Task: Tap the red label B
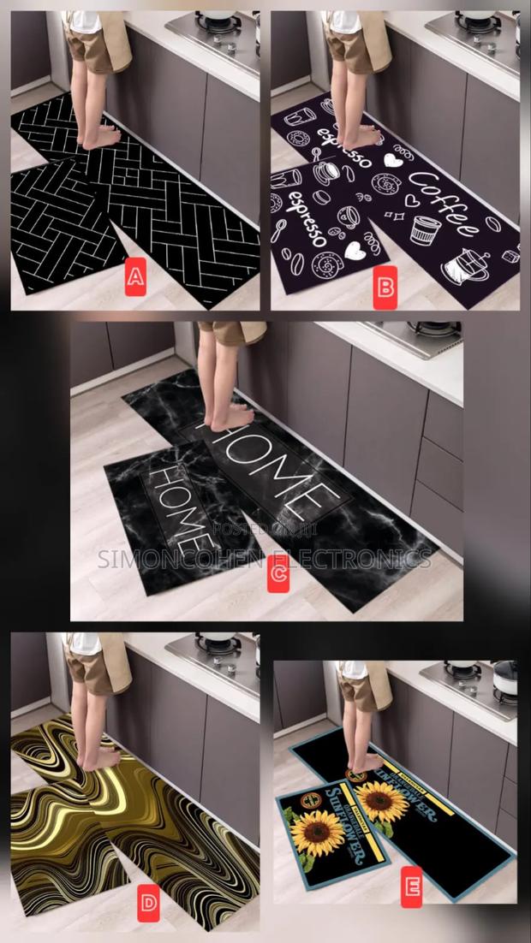385,287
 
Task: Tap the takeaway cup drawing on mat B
423,228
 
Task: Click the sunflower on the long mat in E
381,799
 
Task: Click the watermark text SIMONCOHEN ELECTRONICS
265,560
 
